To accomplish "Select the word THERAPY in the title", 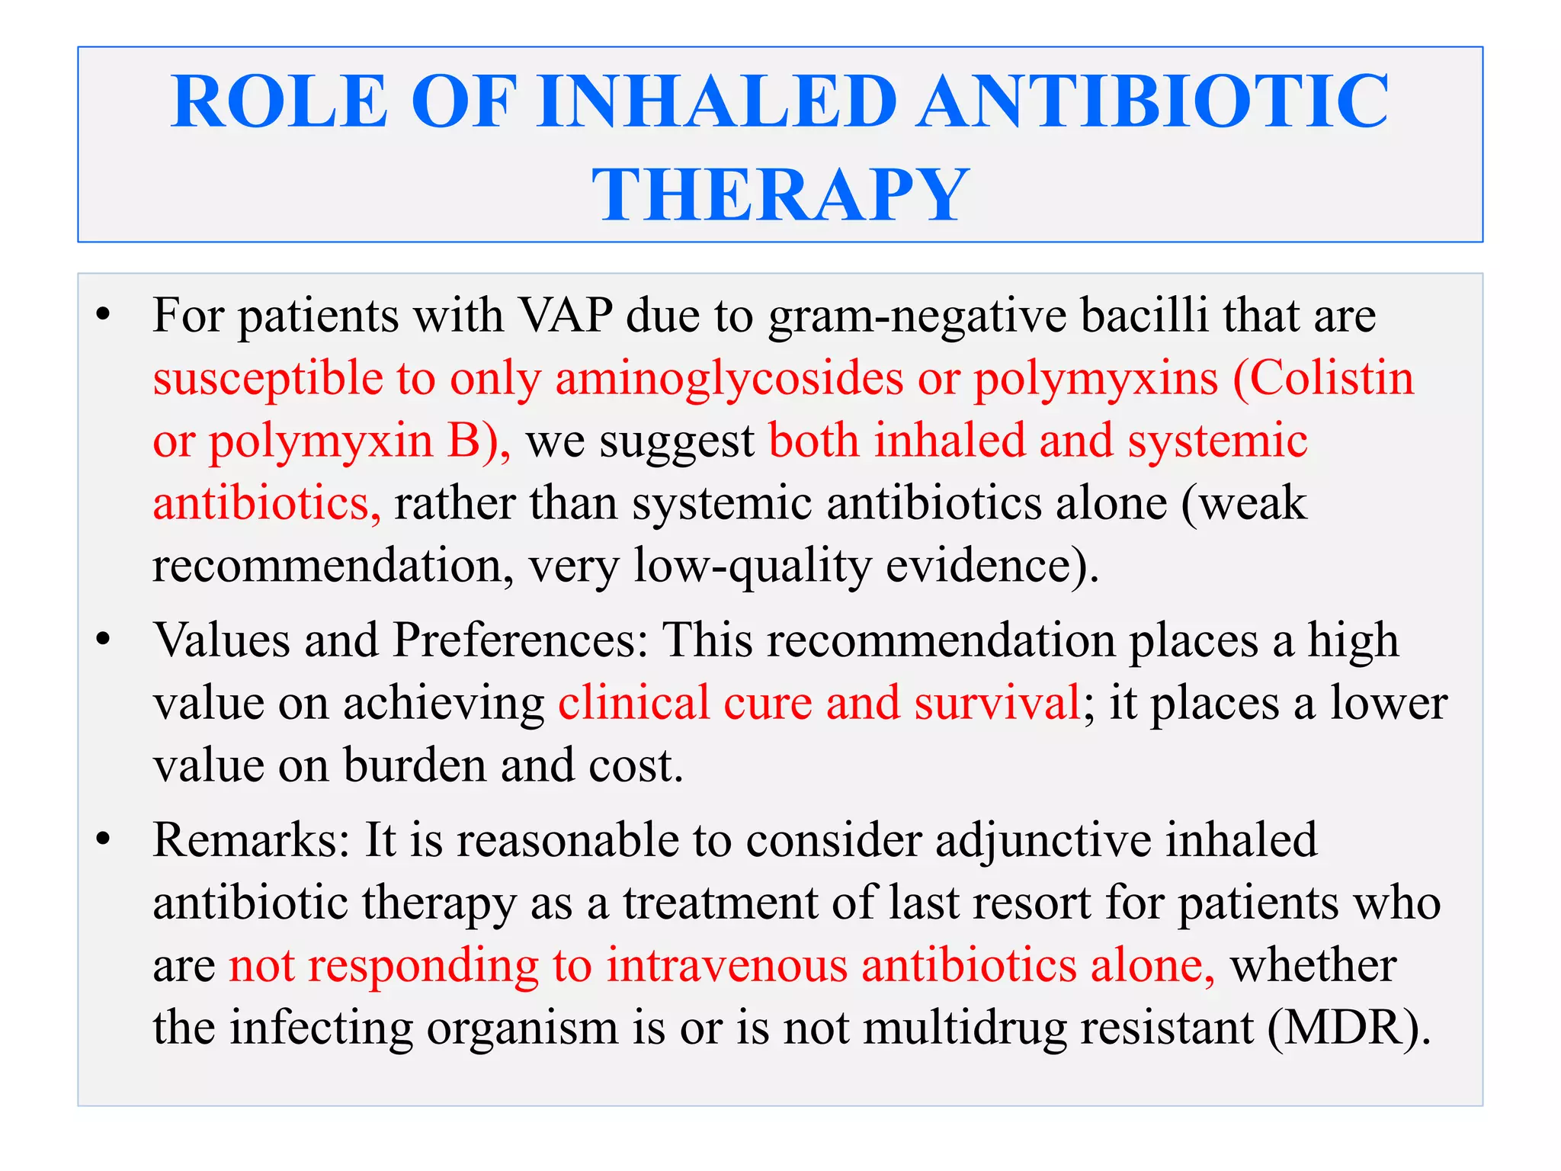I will click(780, 195).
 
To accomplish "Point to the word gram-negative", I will click(917, 316).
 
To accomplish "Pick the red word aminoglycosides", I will click(729, 379).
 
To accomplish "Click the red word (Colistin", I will click(1323, 379).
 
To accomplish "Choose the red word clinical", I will click(633, 702).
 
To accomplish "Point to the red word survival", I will click(997, 702).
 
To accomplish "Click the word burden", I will click(415, 765).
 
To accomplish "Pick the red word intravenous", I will click(727, 966).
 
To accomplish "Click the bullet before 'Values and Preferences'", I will click(104, 640).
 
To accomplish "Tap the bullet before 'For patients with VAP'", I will click(104, 316).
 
